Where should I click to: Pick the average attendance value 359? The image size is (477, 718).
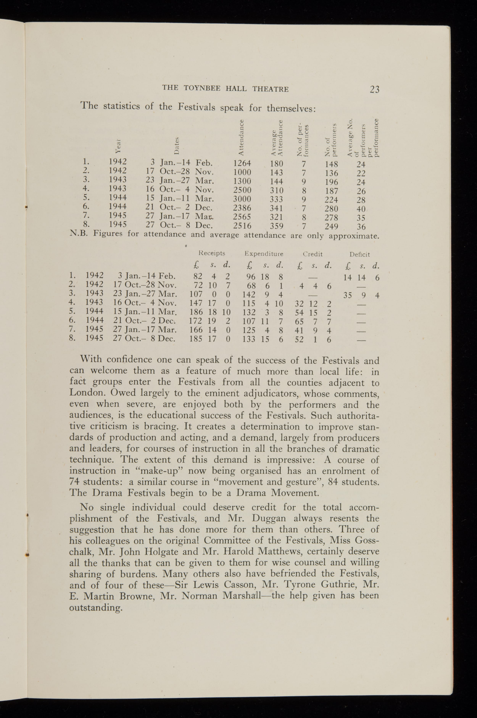pyautogui.click(x=276, y=226)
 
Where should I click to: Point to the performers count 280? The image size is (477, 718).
pyautogui.click(x=331, y=209)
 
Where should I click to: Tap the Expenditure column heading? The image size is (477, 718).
pyautogui.click(x=264, y=254)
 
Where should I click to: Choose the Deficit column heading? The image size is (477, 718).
pyautogui.click(x=360, y=254)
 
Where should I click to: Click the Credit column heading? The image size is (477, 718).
pyautogui.click(x=313, y=254)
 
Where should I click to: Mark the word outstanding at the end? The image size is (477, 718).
pyautogui.click(x=96, y=608)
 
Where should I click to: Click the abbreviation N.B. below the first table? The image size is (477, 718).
pyautogui.click(x=79, y=233)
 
